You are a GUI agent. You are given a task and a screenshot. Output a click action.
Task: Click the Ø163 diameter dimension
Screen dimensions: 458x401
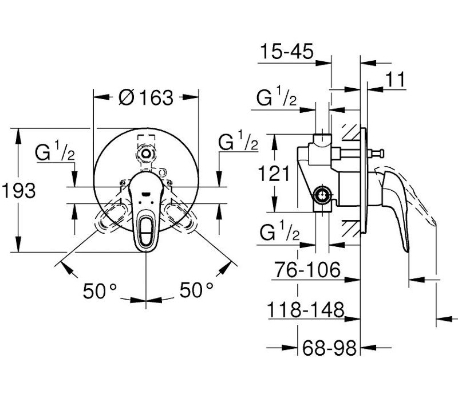(146, 97)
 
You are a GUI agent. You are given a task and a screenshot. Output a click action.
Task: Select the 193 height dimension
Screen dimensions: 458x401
(19, 190)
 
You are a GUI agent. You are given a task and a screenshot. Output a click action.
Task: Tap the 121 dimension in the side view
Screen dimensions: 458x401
(274, 174)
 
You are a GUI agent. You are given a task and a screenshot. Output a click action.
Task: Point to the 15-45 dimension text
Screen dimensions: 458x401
(287, 51)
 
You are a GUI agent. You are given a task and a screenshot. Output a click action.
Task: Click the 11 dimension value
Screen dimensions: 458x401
(396, 79)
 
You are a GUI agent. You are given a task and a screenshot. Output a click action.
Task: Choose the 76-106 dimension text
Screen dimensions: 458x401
(307, 269)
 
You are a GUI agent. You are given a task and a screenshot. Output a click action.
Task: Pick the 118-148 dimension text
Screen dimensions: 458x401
(306, 309)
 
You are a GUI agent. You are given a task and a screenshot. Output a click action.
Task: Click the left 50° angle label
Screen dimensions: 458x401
(100, 290)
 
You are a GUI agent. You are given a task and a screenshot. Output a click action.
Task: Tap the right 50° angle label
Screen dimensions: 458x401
(196, 290)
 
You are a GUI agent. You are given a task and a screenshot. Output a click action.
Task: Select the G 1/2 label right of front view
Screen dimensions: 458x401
(238, 140)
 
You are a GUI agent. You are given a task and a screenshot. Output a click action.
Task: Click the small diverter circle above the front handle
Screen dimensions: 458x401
(145, 153)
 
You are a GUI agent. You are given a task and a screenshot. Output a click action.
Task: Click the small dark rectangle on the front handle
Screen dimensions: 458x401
(145, 193)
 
